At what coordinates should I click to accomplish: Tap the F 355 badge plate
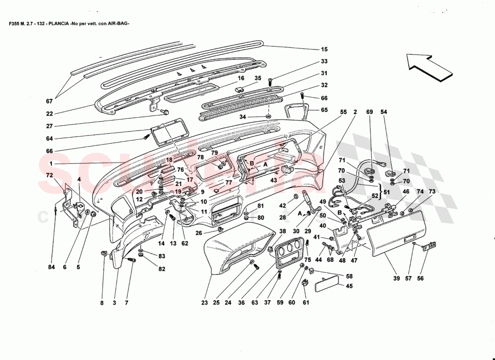click(x=429, y=246)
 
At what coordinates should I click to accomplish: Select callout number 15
click(x=324, y=49)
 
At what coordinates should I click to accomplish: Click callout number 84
click(x=51, y=267)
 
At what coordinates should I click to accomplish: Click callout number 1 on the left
click(x=51, y=163)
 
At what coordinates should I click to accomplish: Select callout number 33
click(x=324, y=61)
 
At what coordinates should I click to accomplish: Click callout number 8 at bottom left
click(x=102, y=303)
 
